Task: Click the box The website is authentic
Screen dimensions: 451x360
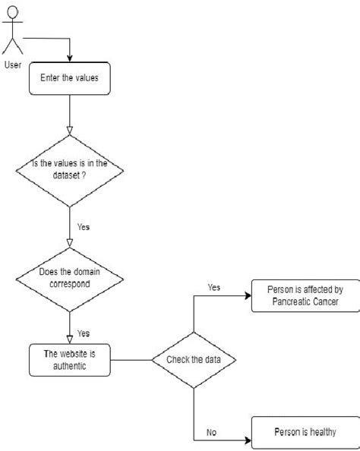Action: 69,358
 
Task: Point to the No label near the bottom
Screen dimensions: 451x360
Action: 213,434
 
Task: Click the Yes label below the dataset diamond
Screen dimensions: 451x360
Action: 84,226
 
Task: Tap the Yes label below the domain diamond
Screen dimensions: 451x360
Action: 84,333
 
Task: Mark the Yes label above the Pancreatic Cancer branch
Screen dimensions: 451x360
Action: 213,287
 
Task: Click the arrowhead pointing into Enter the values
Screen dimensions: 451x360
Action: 69,58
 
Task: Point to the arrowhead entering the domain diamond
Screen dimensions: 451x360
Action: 69,242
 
